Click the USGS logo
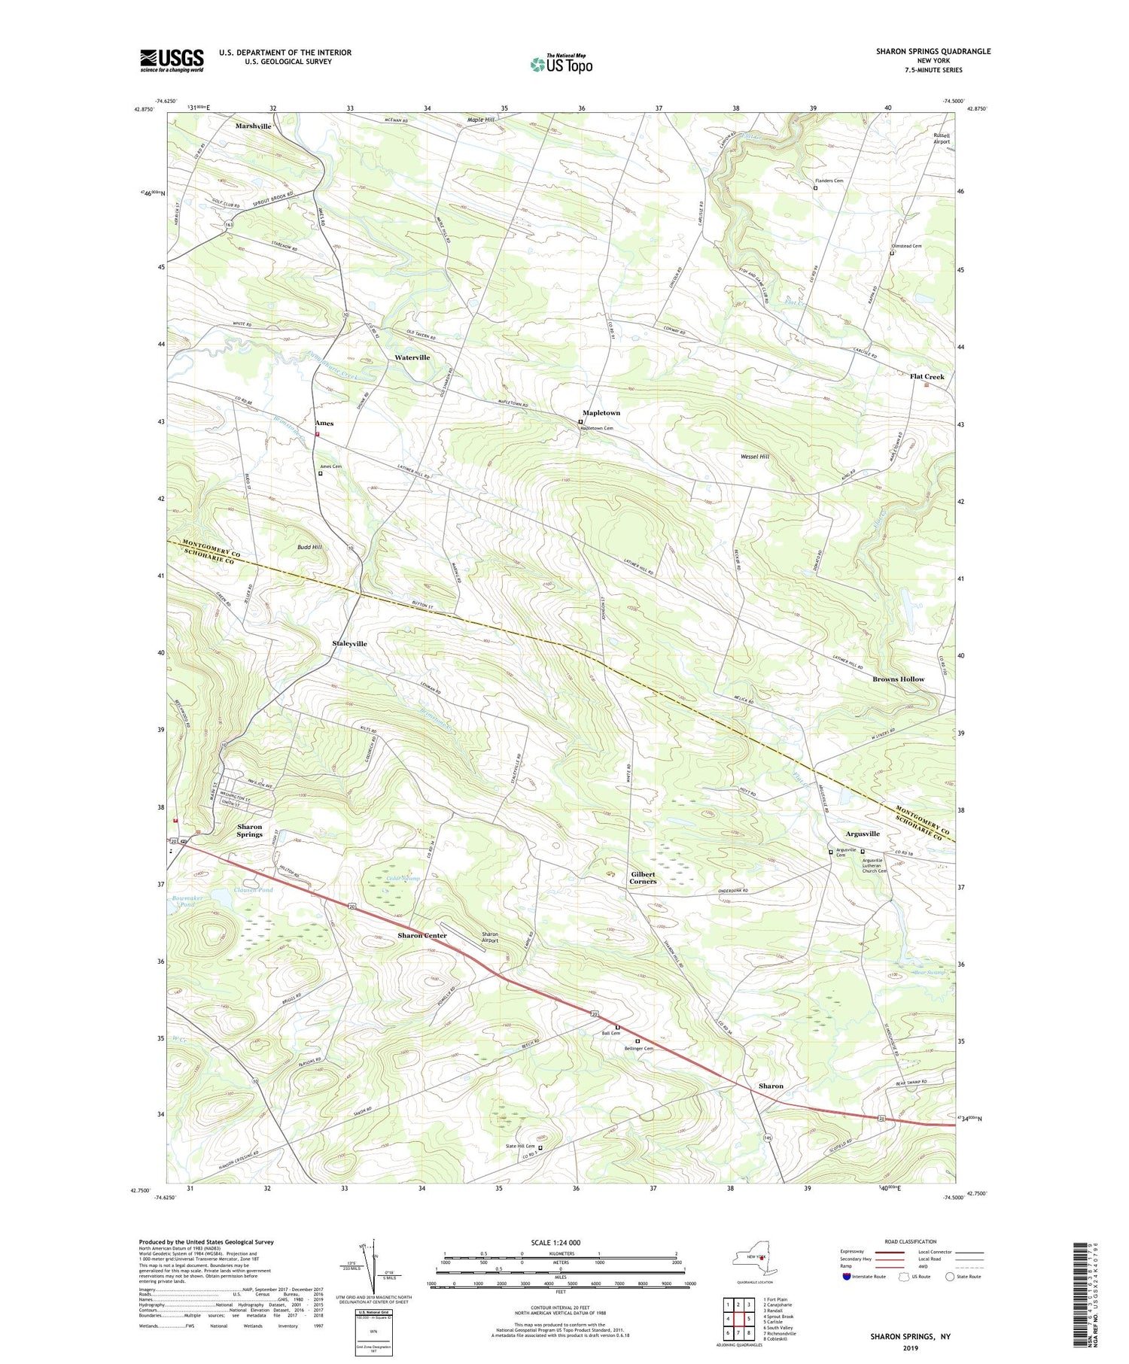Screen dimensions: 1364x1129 (x=172, y=60)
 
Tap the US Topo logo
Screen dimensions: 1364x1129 (x=561, y=65)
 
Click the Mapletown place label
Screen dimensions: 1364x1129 (x=601, y=413)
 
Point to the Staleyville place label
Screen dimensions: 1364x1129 (x=349, y=644)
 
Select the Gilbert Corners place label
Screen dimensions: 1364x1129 (x=643, y=877)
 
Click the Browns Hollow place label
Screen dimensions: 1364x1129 (x=898, y=679)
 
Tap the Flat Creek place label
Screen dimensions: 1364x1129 (x=927, y=376)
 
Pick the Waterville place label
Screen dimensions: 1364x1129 (x=412, y=357)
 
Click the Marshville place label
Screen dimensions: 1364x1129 (x=254, y=126)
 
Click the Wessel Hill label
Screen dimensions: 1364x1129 (x=754, y=457)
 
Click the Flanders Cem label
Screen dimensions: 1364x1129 (x=828, y=181)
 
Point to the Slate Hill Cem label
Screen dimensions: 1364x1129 (x=519, y=1147)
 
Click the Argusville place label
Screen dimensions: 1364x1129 (x=862, y=834)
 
